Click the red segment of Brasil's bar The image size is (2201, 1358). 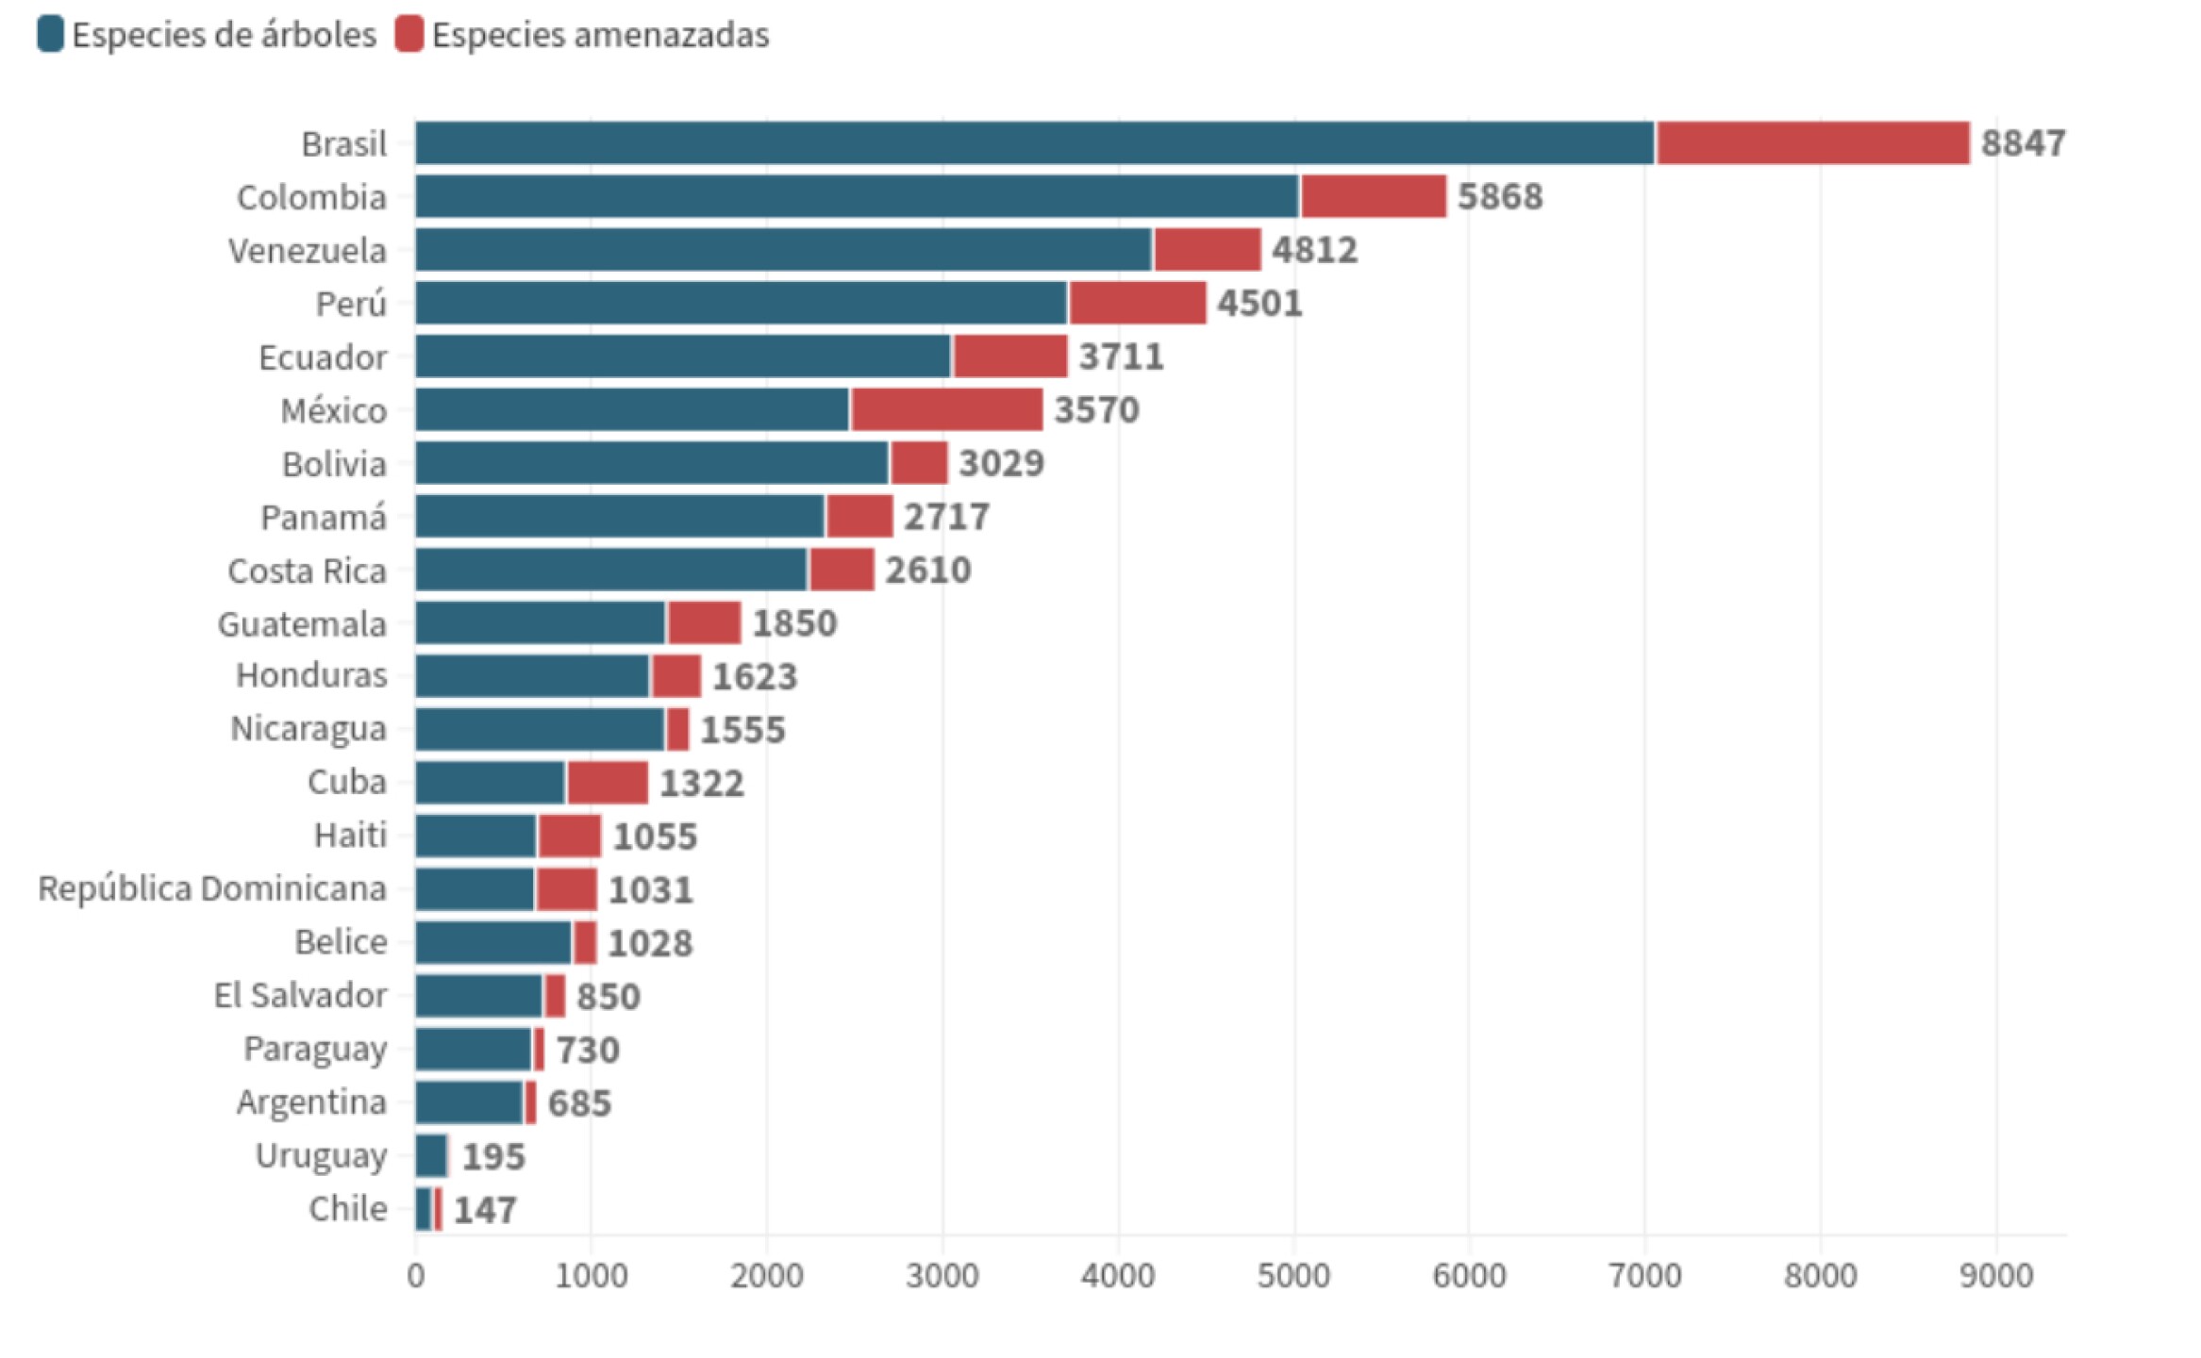[1811, 143]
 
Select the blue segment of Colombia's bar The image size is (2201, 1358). [856, 197]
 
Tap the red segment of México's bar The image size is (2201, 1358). [946, 410]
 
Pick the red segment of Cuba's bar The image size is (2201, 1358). [608, 783]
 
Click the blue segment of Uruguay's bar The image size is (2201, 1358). [431, 1156]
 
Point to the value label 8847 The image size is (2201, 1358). [2023, 143]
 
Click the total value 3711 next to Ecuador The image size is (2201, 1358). [1121, 357]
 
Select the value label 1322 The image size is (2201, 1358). [701, 784]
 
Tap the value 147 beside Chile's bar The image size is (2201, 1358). [485, 1210]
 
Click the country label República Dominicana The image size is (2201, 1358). [212, 889]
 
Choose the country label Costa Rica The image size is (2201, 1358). [307, 571]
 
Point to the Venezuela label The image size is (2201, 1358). [307, 252]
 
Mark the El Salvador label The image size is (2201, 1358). [300, 996]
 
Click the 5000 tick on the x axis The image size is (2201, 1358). [1292, 1276]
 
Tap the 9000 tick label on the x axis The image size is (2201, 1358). [1995, 1276]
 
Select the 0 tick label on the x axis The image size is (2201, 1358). [416, 1276]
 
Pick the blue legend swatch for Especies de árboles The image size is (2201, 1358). [50, 34]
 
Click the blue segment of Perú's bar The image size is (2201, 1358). [741, 304]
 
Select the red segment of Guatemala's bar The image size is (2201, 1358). [704, 623]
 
